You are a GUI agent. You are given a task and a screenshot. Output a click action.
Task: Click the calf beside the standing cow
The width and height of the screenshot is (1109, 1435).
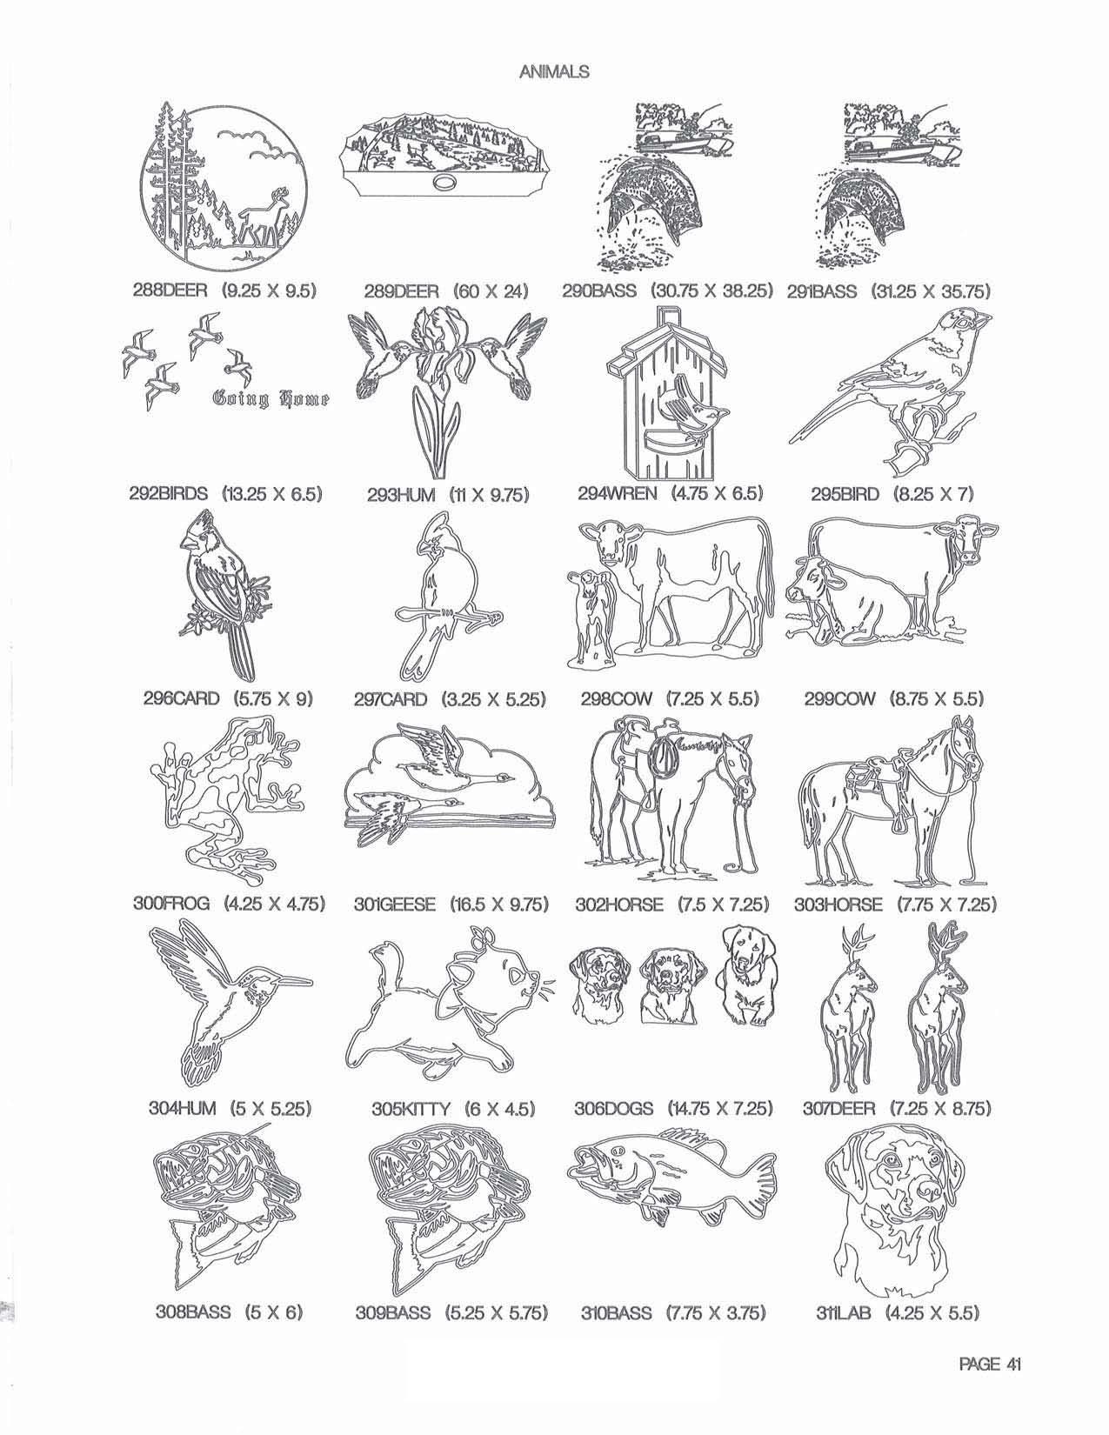[591, 616]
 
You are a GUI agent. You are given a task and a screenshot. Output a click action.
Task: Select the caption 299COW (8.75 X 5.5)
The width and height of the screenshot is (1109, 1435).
[893, 698]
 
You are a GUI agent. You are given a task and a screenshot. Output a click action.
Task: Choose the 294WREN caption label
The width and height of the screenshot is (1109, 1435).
[670, 493]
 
